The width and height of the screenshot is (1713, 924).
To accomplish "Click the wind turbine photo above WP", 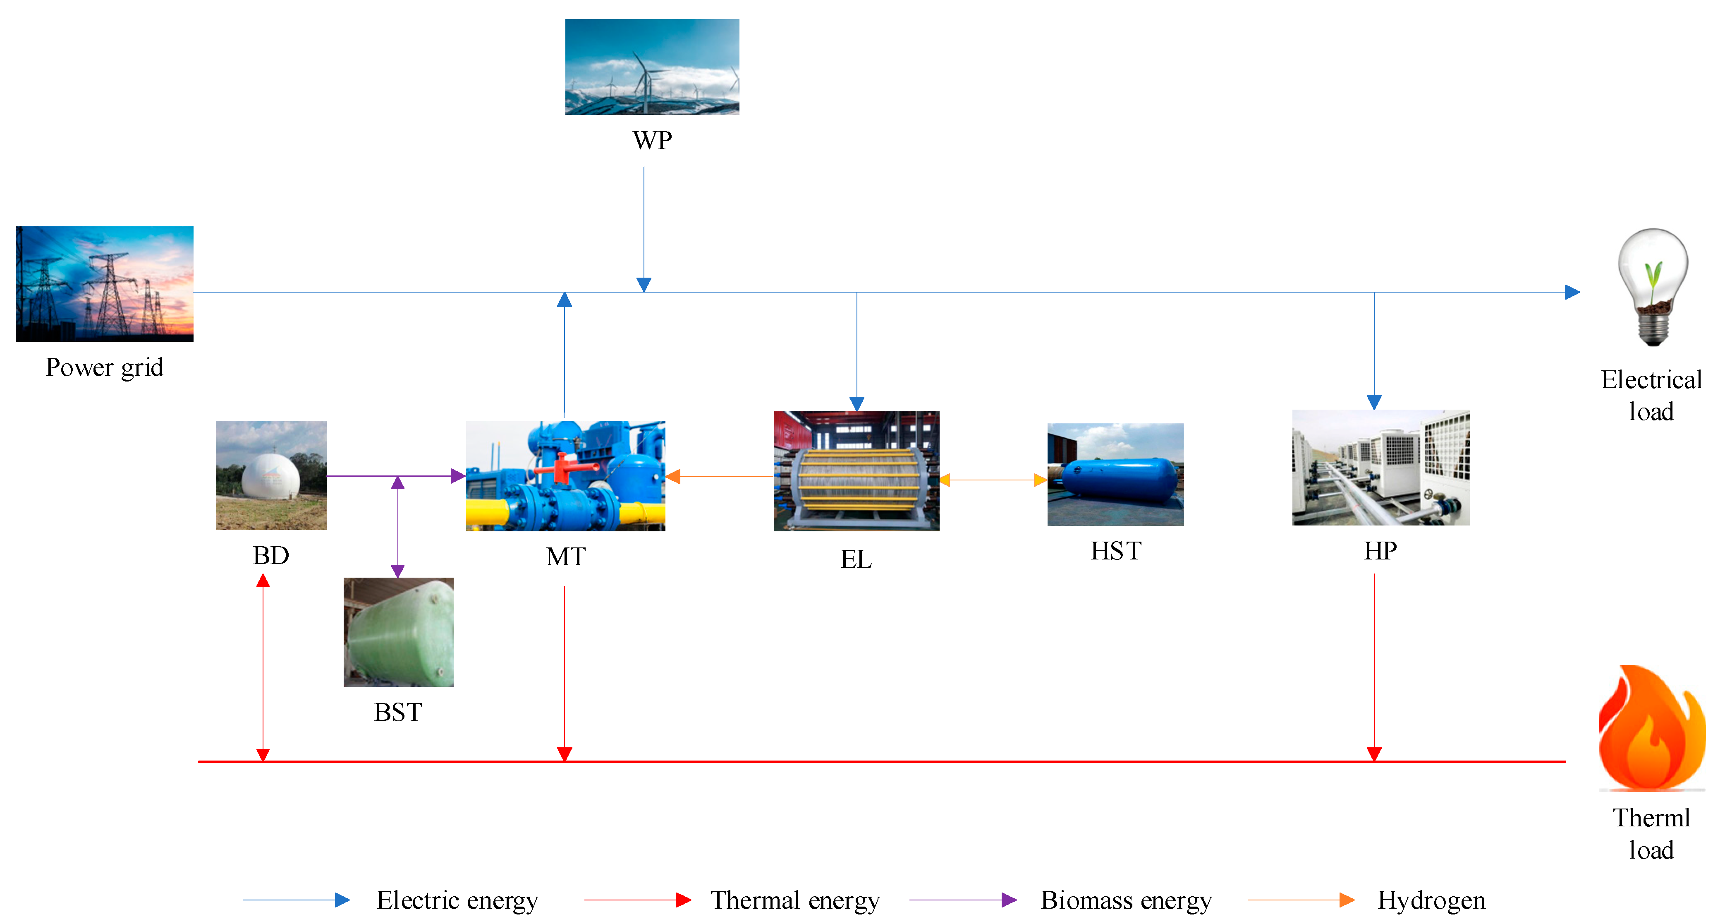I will tap(652, 67).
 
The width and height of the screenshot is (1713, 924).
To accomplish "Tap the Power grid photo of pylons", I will tap(104, 283).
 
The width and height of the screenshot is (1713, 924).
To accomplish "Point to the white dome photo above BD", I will tap(270, 475).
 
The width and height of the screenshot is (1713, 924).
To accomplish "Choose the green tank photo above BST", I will tap(398, 632).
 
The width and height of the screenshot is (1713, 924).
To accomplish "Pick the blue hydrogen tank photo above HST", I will tap(1115, 474).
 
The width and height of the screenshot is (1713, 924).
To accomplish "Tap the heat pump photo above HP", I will tap(1380, 468).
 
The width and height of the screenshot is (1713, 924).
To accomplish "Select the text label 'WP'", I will tap(652, 140).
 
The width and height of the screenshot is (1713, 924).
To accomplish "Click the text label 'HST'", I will tap(1115, 551).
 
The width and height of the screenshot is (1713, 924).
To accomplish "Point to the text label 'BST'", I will tap(398, 713).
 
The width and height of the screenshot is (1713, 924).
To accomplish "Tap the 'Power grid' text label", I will tap(104, 367).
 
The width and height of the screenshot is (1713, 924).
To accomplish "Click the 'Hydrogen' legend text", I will tap(1431, 900).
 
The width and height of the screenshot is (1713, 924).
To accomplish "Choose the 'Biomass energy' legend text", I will tap(1126, 900).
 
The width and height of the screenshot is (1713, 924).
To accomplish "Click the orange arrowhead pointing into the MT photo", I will tap(673, 476).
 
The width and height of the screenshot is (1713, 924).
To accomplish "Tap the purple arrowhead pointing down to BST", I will tap(398, 571).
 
